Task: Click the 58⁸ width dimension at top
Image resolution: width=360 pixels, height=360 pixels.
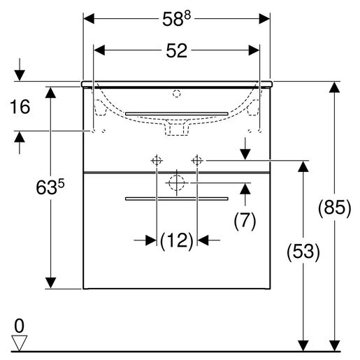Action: (x=176, y=19)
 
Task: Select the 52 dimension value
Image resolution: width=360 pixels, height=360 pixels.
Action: (x=176, y=50)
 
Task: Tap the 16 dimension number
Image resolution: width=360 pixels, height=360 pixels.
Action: (x=20, y=107)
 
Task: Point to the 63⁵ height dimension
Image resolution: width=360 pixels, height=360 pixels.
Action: (x=50, y=187)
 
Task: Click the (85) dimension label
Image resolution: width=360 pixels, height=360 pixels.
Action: (x=334, y=208)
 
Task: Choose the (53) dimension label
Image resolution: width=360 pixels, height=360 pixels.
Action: (x=303, y=252)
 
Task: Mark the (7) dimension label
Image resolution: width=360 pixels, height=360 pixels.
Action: (x=245, y=220)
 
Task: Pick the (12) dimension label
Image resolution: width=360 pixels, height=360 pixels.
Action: (x=177, y=240)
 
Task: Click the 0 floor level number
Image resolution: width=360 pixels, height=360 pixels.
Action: (x=19, y=326)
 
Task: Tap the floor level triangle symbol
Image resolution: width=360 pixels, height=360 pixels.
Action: (x=20, y=343)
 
